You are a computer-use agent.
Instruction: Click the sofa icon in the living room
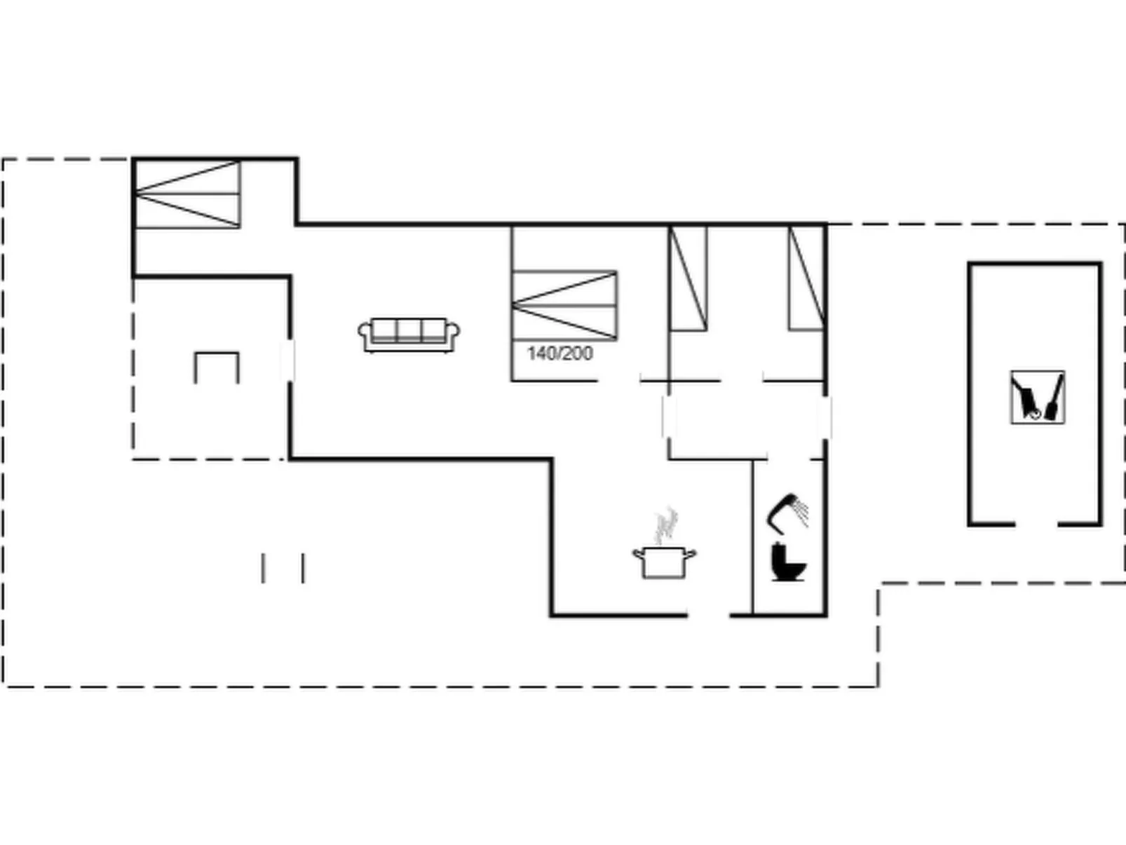pyautogui.click(x=409, y=335)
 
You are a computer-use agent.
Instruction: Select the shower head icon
pyautogui.click(x=788, y=513)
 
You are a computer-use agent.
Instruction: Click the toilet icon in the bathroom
pyautogui.click(x=789, y=562)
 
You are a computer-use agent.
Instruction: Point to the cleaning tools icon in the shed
pyautogui.click(x=1038, y=397)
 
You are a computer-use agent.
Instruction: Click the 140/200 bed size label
pyautogui.click(x=559, y=353)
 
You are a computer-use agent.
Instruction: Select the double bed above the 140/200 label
pyautogui.click(x=564, y=305)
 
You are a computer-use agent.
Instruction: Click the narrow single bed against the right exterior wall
pyautogui.click(x=806, y=278)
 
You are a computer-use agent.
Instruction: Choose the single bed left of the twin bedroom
pyautogui.click(x=689, y=278)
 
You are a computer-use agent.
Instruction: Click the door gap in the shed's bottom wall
pyautogui.click(x=1037, y=525)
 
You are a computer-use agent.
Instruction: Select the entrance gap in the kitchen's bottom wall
pyautogui.click(x=708, y=614)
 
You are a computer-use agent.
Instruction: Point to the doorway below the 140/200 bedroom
pyautogui.click(x=619, y=381)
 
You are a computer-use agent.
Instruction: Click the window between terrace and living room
pyautogui.click(x=289, y=360)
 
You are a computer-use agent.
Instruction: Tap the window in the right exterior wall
pyautogui.click(x=825, y=418)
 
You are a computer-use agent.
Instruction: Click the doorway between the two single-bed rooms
pyautogui.click(x=741, y=381)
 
